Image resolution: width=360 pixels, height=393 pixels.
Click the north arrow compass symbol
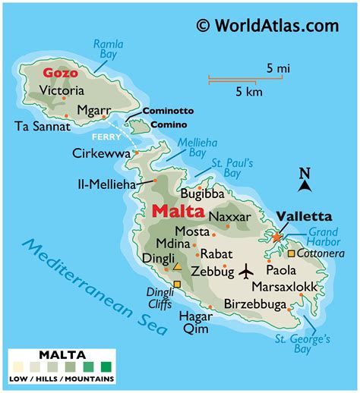pyautogui.click(x=304, y=182)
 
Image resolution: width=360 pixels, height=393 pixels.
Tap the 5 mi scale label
pyautogui.click(x=276, y=68)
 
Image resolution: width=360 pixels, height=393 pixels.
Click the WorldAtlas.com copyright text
pyautogui.click(x=267, y=26)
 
